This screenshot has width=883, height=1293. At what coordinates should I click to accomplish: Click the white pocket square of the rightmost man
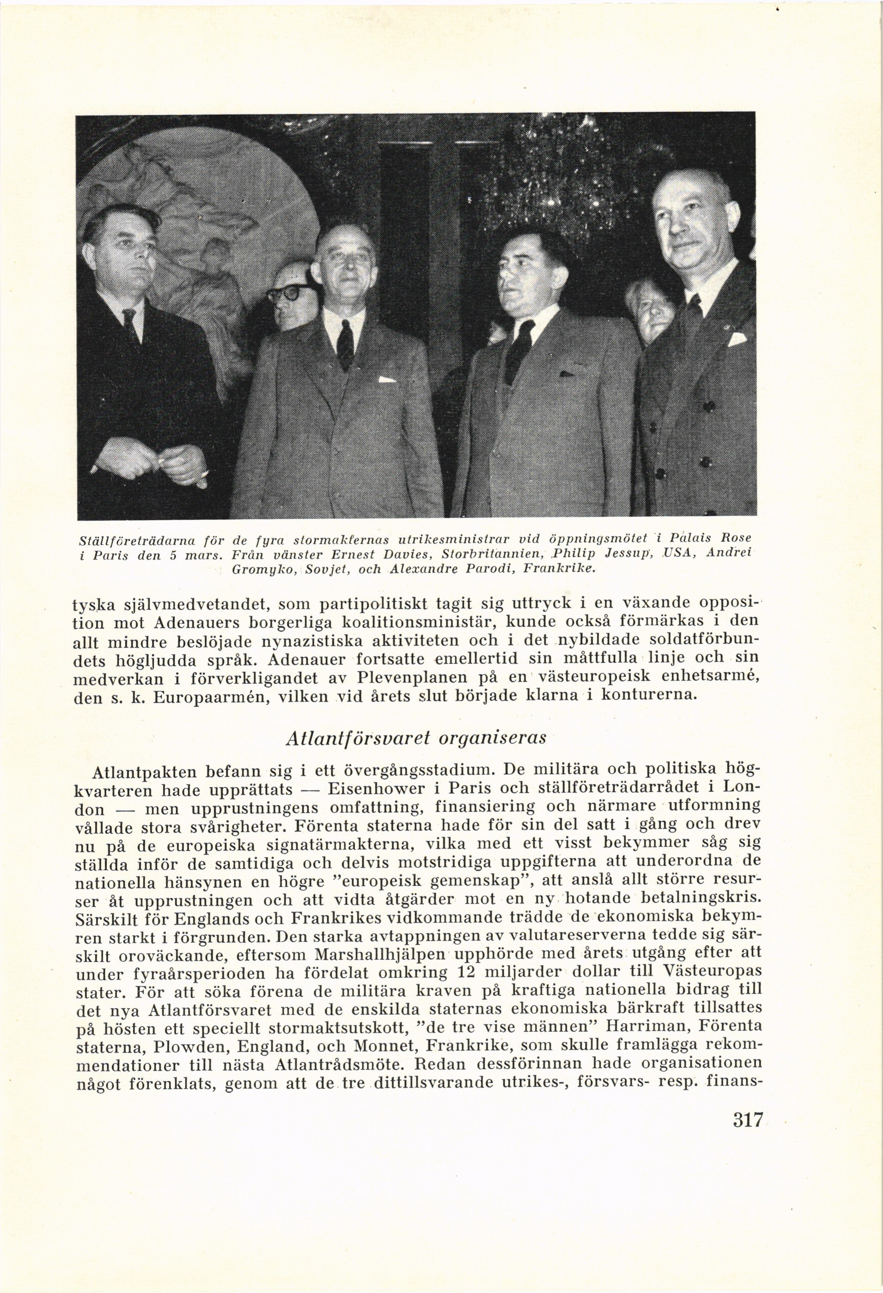737,339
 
